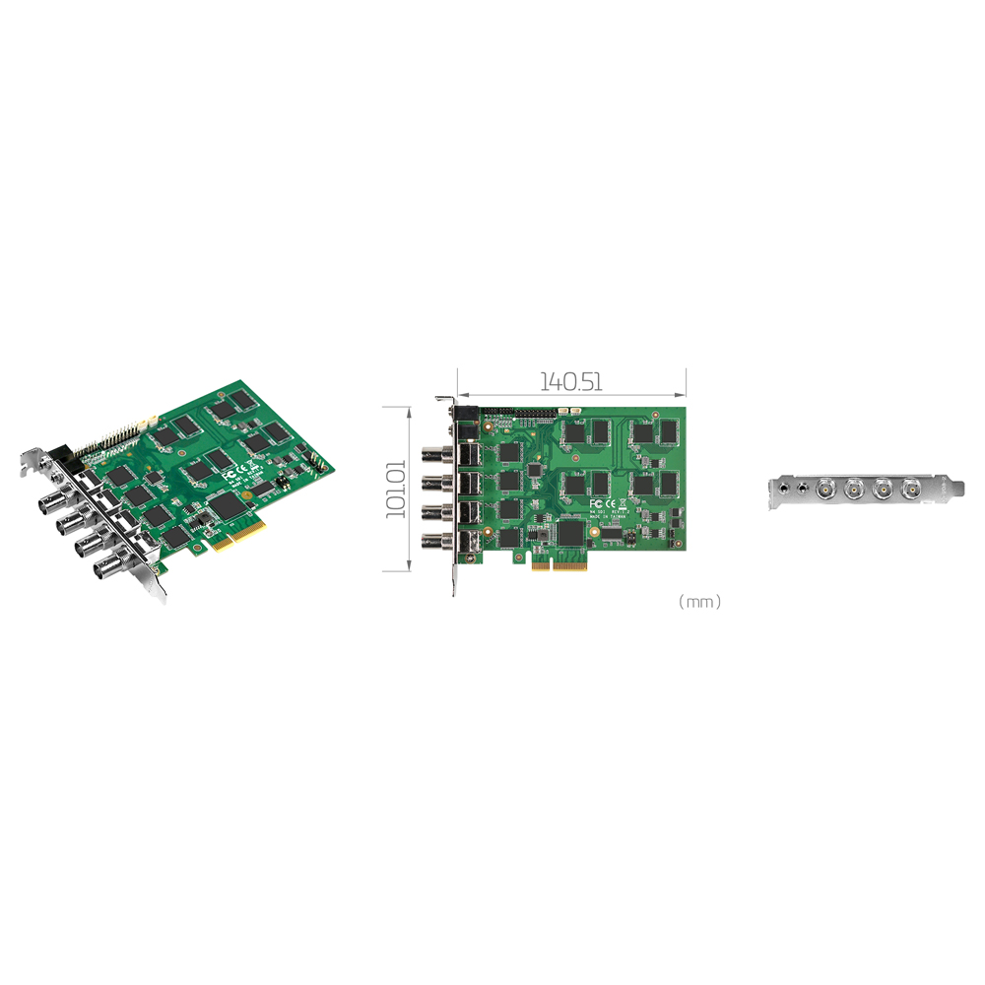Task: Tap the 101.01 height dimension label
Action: [x=395, y=488]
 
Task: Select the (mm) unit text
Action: [x=699, y=601]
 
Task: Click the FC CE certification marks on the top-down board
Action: [x=603, y=503]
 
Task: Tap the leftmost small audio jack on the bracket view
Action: [x=782, y=486]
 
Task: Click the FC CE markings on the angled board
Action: [x=230, y=473]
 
